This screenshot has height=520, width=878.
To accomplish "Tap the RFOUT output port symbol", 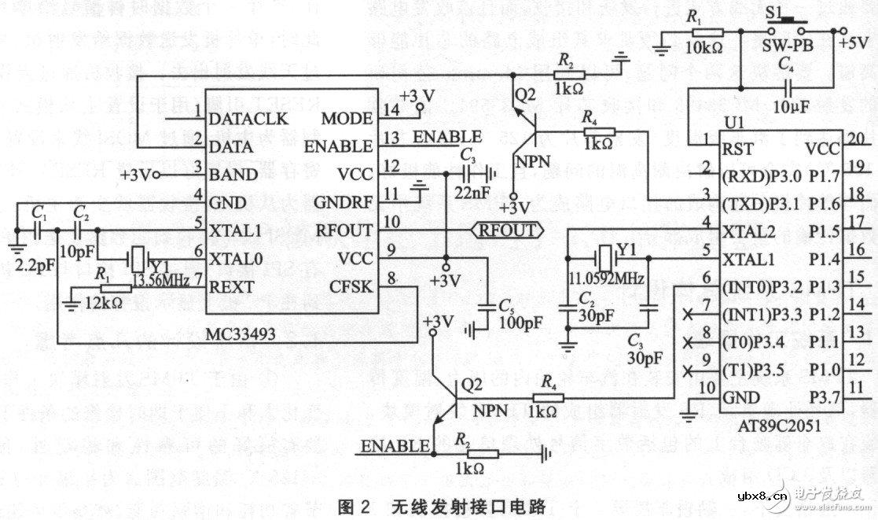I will [507, 230].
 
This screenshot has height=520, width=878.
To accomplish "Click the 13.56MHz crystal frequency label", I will [163, 281].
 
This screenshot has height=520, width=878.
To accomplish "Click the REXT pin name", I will [232, 287].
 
